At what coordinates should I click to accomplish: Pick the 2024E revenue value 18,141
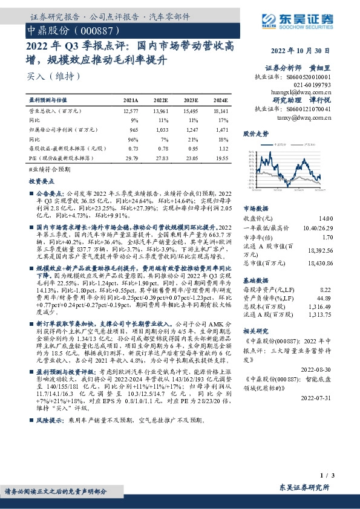(x=220, y=112)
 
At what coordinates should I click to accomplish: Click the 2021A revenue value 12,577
(x=130, y=112)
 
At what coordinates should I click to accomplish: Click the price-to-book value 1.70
(x=327, y=238)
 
